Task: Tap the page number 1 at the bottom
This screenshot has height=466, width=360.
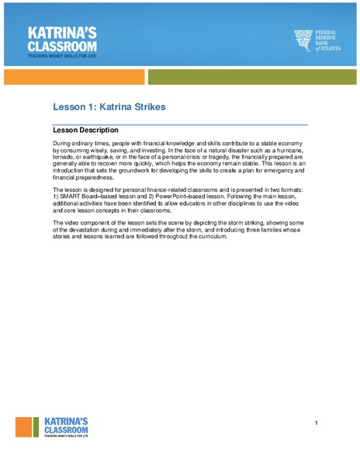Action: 317,423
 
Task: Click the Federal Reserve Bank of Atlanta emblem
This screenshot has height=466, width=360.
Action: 303,40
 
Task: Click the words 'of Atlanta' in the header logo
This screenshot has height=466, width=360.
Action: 328,50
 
